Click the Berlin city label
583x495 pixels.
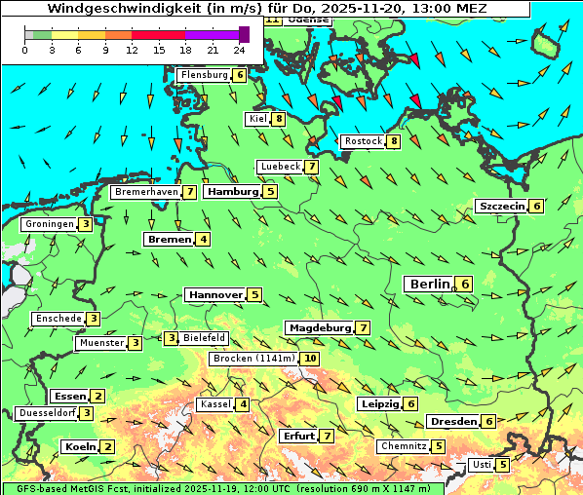429,284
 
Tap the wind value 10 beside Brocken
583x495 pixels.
310,359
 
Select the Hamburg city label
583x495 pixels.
232,192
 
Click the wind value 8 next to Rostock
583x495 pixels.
393,141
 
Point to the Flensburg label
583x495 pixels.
204,75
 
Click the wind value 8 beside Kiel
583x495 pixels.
279,119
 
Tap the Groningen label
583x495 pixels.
50,224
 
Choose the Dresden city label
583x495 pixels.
453,421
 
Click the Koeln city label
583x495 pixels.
79,446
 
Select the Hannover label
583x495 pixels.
215,294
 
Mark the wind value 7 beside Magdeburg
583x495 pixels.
363,327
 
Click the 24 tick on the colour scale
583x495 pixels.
239,50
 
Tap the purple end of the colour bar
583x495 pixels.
244,34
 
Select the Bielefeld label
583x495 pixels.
205,338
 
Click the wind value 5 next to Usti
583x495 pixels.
502,465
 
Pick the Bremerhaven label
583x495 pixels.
145,192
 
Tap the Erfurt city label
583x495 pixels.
297,436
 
